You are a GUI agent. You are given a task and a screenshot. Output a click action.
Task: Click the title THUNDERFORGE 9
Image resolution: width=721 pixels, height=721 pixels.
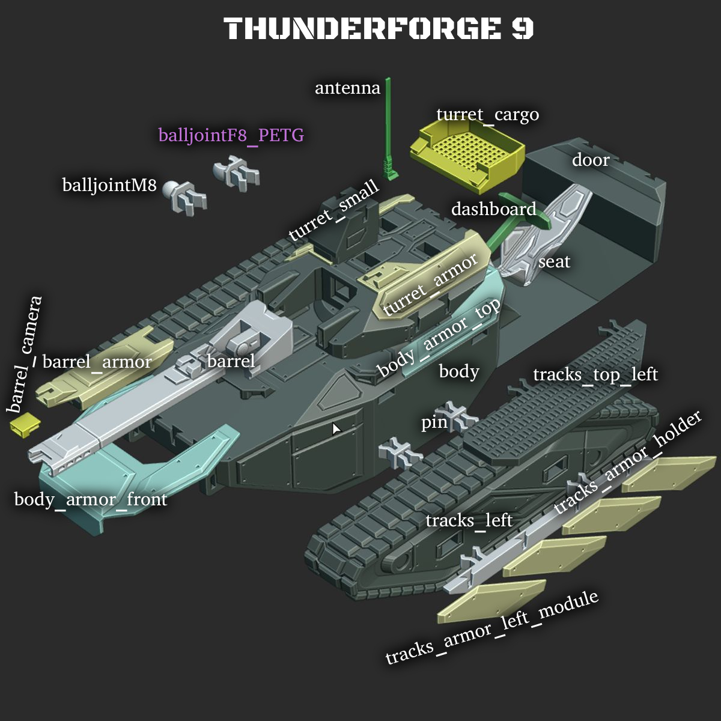[379, 28]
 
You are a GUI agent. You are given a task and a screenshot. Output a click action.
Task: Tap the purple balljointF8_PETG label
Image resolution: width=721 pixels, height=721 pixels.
[231, 135]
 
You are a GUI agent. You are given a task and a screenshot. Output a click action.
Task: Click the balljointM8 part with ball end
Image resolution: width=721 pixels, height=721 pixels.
[186, 194]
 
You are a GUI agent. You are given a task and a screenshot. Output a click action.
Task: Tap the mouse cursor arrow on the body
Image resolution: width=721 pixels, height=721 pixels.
[336, 428]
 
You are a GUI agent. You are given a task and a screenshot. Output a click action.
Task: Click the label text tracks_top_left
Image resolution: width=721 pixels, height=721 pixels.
[595, 374]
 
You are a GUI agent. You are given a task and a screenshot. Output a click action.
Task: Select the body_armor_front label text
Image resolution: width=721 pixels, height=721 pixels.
[91, 499]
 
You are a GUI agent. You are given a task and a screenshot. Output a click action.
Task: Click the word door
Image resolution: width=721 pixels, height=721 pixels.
[591, 160]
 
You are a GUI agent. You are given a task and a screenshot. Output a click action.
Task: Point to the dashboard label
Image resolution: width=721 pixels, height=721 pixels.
[493, 209]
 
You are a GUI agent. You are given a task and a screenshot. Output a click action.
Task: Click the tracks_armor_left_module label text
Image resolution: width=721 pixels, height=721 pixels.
[491, 627]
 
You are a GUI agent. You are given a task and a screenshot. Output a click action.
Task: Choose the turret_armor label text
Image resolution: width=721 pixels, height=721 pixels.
[430, 283]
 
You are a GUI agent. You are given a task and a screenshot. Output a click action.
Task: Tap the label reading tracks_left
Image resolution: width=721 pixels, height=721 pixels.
[469, 520]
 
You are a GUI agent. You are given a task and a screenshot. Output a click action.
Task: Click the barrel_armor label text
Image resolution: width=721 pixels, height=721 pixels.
[97, 362]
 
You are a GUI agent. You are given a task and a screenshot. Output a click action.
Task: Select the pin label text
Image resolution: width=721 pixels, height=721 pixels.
[434, 422]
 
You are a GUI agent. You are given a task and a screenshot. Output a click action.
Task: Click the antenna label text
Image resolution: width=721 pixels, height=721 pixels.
[347, 88]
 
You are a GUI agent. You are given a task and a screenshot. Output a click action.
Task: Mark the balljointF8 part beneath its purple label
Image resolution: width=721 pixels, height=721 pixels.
[236, 172]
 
